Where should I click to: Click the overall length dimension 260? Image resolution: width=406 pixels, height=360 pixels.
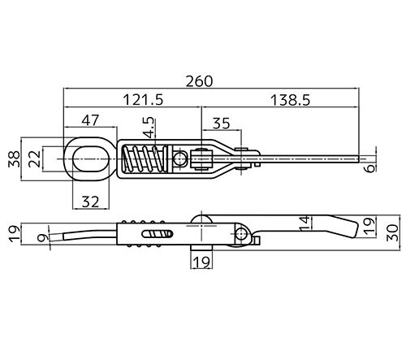pyautogui.click(x=198, y=81)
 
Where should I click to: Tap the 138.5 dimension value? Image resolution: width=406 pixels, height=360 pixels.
pyautogui.click(x=289, y=100)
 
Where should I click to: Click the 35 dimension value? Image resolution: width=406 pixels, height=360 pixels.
pyautogui.click(x=220, y=124)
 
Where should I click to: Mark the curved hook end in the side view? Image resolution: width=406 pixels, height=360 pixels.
pyautogui.click(x=73, y=236)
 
